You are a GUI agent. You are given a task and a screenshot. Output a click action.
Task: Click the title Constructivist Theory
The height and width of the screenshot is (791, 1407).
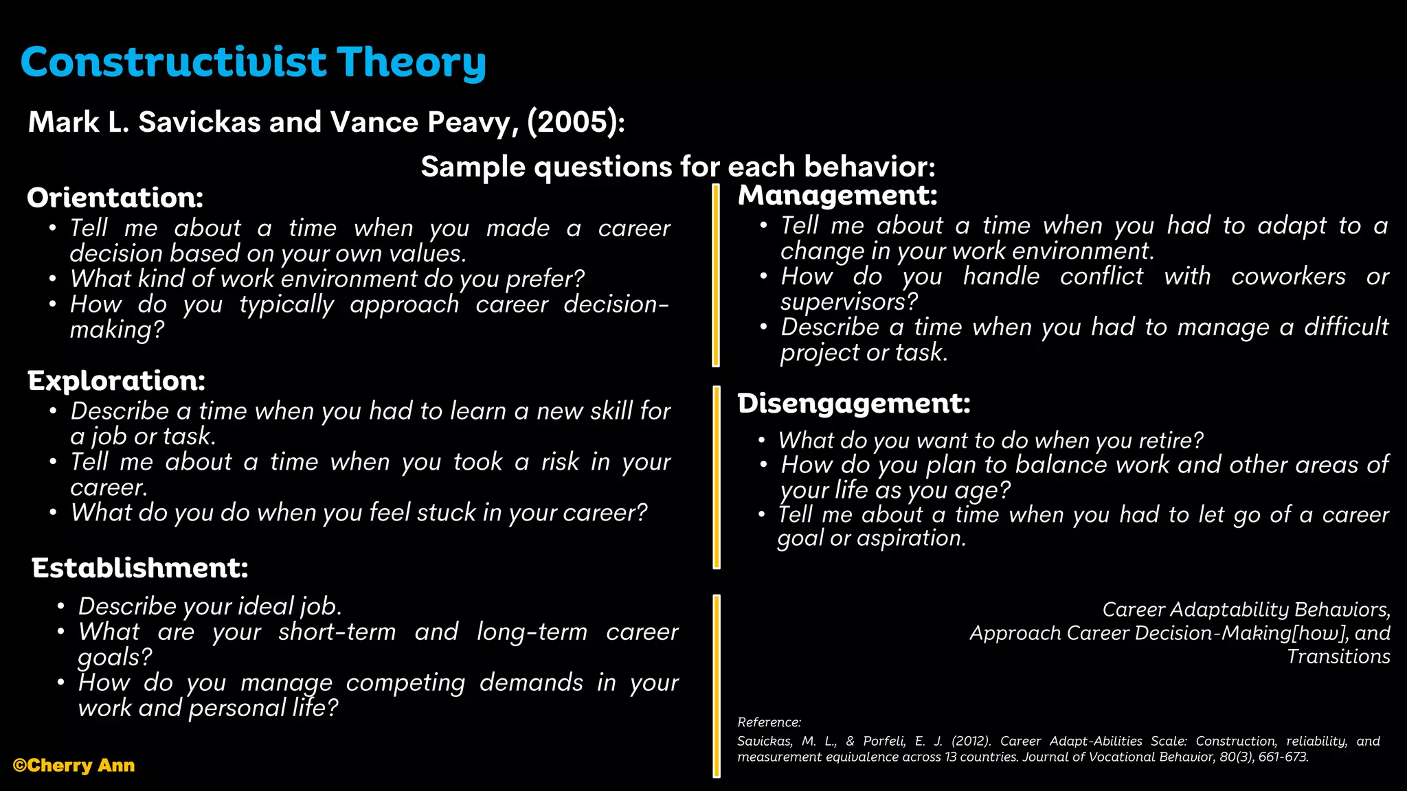(253, 62)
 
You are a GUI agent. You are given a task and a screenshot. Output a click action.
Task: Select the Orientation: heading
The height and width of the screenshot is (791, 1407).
(115, 198)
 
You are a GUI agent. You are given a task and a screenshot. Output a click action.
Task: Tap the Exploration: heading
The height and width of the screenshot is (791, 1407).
(116, 380)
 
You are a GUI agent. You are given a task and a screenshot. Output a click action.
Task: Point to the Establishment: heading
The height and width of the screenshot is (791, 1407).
(139, 568)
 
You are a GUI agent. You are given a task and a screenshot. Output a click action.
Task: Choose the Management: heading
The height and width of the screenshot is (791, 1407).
(837, 195)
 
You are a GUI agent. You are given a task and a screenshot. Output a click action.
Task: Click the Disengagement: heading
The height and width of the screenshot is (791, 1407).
(853, 403)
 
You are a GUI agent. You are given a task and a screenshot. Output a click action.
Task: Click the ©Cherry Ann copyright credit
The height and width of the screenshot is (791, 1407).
(74, 766)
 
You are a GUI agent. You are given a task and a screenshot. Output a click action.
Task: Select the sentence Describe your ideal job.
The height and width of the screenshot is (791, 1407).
(210, 606)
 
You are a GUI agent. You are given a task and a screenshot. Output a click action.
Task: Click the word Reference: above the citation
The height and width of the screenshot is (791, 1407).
(769, 722)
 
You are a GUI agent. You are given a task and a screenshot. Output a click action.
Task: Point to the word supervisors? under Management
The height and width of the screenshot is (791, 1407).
(848, 301)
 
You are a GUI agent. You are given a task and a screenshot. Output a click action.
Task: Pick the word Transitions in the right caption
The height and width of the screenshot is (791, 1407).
(1338, 656)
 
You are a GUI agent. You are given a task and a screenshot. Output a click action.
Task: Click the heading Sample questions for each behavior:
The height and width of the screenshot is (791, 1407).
(677, 167)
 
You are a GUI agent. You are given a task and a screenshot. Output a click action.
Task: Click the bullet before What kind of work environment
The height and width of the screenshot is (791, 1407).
(53, 279)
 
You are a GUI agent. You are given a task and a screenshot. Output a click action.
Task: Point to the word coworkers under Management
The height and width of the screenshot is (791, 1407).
(1288, 276)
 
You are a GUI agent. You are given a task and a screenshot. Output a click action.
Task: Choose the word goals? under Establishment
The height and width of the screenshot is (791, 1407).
(114, 657)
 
